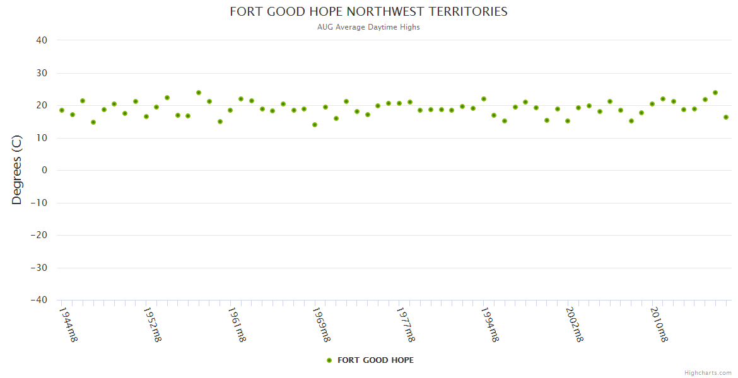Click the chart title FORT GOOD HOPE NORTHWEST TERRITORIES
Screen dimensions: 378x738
tap(368, 11)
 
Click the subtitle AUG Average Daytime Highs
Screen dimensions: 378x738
tap(368, 27)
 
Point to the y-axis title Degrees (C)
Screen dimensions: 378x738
tap(17, 170)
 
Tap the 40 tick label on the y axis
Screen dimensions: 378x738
tap(42, 40)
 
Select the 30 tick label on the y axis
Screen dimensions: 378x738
tap(42, 73)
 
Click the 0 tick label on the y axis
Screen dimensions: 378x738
tap(44, 170)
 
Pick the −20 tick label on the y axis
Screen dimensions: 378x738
tap(39, 235)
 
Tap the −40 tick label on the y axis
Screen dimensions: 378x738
tap(39, 301)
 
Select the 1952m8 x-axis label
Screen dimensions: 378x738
tap(153, 324)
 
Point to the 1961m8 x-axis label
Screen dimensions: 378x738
tap(237, 324)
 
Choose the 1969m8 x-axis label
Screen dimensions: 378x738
tap(321, 324)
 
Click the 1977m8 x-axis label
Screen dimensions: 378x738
tap(406, 324)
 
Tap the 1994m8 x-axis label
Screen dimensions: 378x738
tap(490, 324)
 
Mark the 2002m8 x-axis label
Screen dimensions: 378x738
tap(574, 324)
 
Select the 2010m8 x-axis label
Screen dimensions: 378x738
tap(659, 324)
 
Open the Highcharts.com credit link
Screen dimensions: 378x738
tap(708, 372)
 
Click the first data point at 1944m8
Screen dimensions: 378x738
tap(62, 110)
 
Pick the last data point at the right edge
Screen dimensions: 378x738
tap(726, 117)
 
